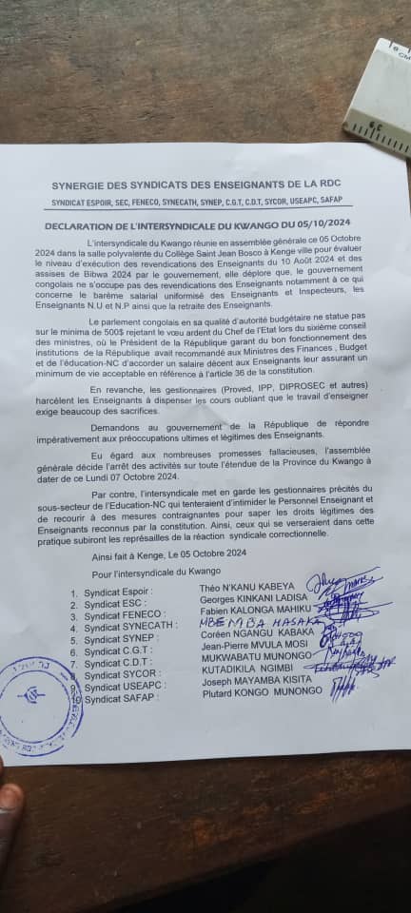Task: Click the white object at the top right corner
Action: click(x=381, y=95)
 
